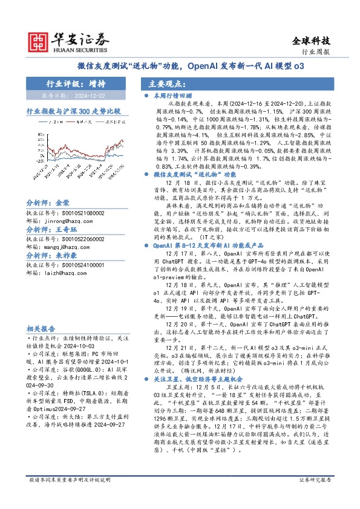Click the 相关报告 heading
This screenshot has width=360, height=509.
tap(41, 329)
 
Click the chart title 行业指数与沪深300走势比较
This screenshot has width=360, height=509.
tap(73, 112)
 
